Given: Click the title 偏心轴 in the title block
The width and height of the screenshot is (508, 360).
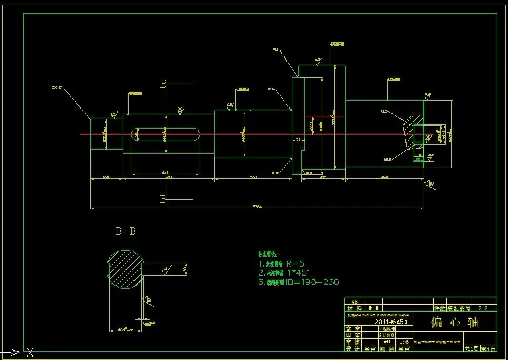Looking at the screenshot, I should pyautogui.click(x=454, y=322).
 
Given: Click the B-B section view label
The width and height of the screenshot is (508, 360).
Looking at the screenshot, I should pyautogui.click(x=126, y=231).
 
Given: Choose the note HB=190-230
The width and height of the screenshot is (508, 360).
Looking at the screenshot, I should pyautogui.click(x=299, y=282).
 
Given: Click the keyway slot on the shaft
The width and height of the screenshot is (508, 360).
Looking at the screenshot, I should pyautogui.click(x=166, y=135).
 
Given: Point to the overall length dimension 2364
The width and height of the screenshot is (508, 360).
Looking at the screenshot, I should pyautogui.click(x=257, y=206).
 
